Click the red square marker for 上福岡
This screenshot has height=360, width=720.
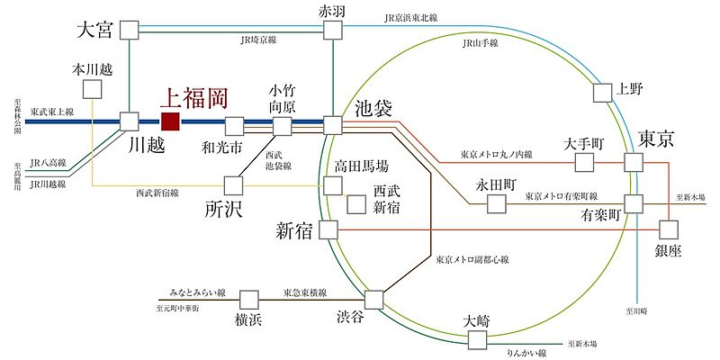click(169, 121)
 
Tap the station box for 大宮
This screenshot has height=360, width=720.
click(130, 30)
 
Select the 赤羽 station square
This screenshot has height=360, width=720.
click(334, 30)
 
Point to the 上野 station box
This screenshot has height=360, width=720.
click(602, 93)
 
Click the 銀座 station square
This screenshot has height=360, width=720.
click(669, 229)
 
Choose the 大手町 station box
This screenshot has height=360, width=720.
click(585, 162)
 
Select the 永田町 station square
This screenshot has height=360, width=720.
click(497, 203)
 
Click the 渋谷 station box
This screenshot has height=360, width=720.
click(373, 299)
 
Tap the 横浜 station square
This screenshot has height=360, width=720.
click(248, 299)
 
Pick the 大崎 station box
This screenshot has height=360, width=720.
click(476, 339)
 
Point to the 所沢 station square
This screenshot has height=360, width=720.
click(234, 185)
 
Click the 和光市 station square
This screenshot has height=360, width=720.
click(235, 125)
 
